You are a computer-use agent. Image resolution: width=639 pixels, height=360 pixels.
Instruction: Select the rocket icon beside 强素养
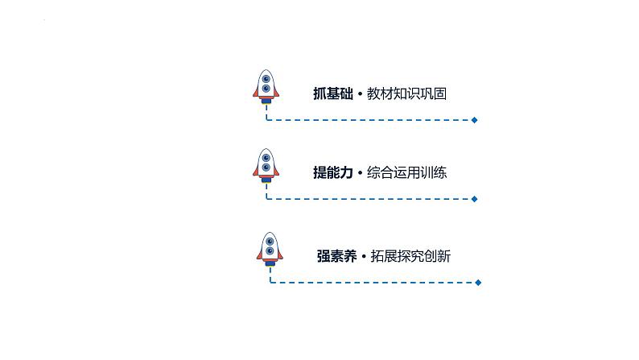270,249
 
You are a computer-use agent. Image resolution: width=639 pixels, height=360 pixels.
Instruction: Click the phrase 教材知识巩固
406,93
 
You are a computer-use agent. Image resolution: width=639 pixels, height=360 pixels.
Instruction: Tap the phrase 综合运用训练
406,172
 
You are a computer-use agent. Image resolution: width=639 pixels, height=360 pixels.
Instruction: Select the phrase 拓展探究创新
410,256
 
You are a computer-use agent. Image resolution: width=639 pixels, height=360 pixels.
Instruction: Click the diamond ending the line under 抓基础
475,120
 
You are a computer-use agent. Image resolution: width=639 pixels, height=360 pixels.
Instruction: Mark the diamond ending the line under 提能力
475,199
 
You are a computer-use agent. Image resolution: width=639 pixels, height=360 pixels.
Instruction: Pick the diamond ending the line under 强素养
479,283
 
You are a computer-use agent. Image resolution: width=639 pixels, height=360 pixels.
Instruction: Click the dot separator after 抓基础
359,94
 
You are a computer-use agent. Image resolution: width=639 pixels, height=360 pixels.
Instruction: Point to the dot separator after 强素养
363,257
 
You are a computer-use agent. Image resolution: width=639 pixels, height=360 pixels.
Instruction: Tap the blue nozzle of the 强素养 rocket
270,263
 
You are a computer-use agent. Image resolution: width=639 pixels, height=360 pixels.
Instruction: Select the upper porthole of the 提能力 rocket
266,157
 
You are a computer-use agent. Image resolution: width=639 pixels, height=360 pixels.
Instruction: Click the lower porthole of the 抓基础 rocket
266,89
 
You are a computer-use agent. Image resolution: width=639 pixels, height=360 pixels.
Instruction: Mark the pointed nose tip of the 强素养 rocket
270,234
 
